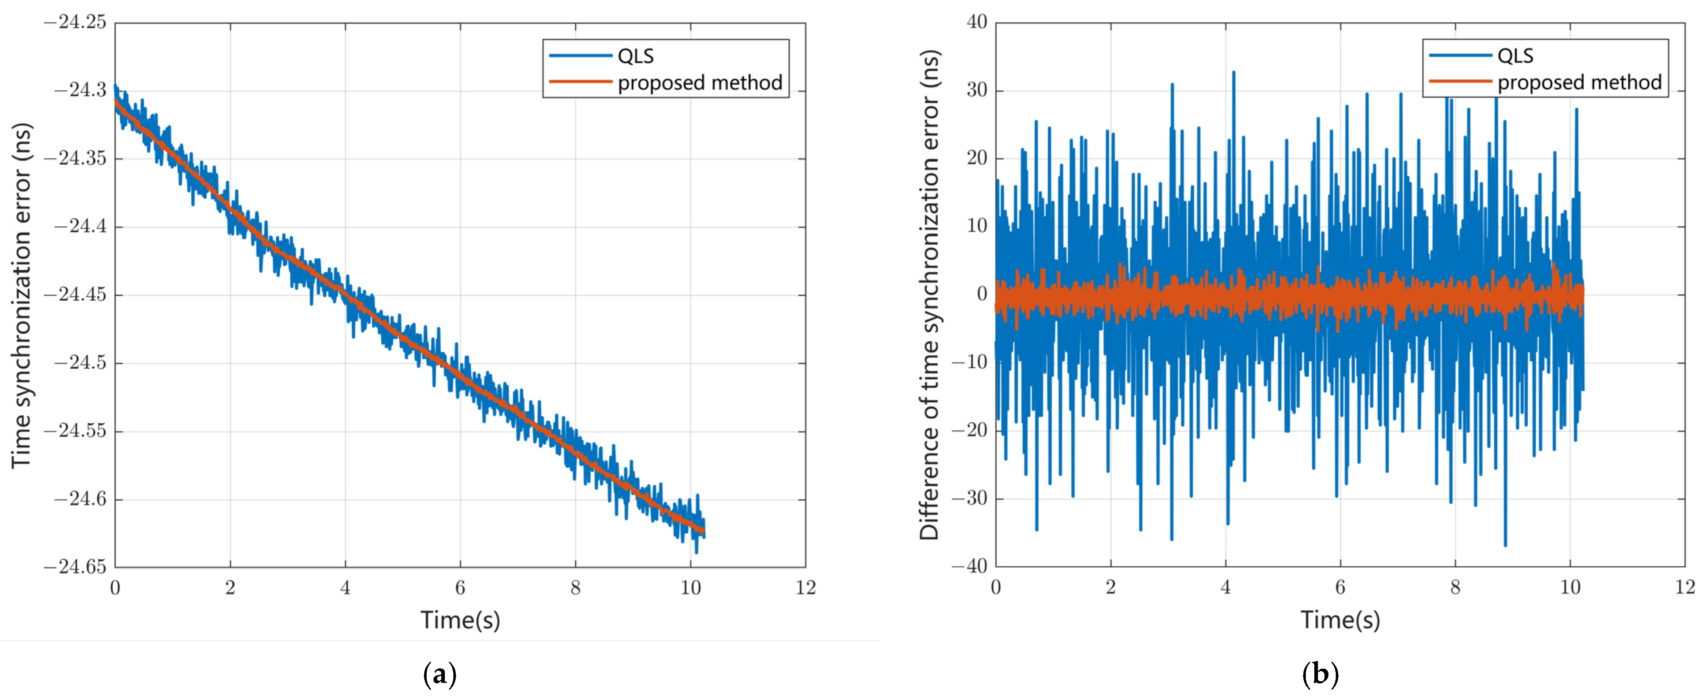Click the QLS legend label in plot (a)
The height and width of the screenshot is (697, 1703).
pos(635,56)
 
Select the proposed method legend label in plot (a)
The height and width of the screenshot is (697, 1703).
pos(699,82)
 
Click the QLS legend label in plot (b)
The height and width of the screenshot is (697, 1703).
pos(1515,56)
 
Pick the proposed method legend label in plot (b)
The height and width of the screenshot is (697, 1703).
pos(1579,82)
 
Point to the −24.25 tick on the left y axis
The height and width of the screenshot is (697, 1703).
pos(75,23)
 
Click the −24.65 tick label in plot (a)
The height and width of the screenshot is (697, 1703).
pos(75,567)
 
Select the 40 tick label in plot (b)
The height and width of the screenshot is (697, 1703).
pos(977,23)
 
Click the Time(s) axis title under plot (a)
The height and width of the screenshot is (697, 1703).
pos(460,620)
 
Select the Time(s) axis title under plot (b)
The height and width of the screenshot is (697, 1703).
pos(1340,620)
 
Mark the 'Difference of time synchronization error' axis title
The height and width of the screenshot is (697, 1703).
pos(930,295)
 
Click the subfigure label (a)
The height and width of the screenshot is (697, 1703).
pos(439,674)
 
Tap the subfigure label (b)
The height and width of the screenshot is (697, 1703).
pos(1320,674)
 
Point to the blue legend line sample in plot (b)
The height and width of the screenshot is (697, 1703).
pos(1460,55)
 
